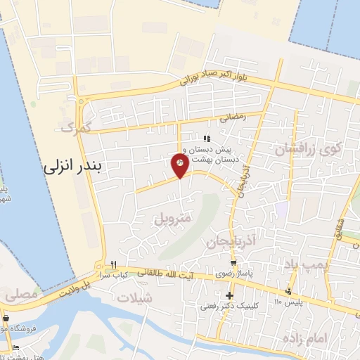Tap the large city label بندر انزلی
[x=73, y=167]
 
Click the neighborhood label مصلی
[x=20, y=296]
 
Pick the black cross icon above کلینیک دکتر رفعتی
[x=229, y=295]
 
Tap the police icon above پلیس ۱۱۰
[x=288, y=292]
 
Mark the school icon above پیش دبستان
[x=206, y=138]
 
